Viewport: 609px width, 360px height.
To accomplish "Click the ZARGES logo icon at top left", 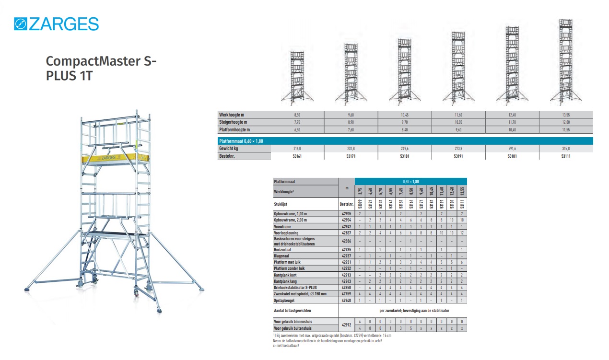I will point(21,23).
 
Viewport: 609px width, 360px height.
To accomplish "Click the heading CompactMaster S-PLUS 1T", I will point(101,69).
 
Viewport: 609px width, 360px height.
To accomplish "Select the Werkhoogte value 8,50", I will point(297,115).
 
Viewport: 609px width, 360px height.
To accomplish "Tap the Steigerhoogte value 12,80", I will point(566,122).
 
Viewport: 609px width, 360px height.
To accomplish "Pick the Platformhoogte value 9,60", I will point(458,130).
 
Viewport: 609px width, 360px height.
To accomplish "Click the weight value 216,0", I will point(297,149).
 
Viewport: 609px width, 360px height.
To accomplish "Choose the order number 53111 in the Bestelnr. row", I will point(566,156).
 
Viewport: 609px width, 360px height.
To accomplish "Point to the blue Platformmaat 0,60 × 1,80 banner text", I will point(241,141).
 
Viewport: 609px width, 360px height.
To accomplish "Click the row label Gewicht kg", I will point(229,149).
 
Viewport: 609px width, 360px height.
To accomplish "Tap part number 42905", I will point(346,213).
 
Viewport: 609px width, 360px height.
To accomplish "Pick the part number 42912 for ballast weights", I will point(346,325).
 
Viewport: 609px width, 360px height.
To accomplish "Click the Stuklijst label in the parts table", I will point(281,204).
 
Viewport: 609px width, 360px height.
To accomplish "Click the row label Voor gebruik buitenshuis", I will point(293,328).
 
